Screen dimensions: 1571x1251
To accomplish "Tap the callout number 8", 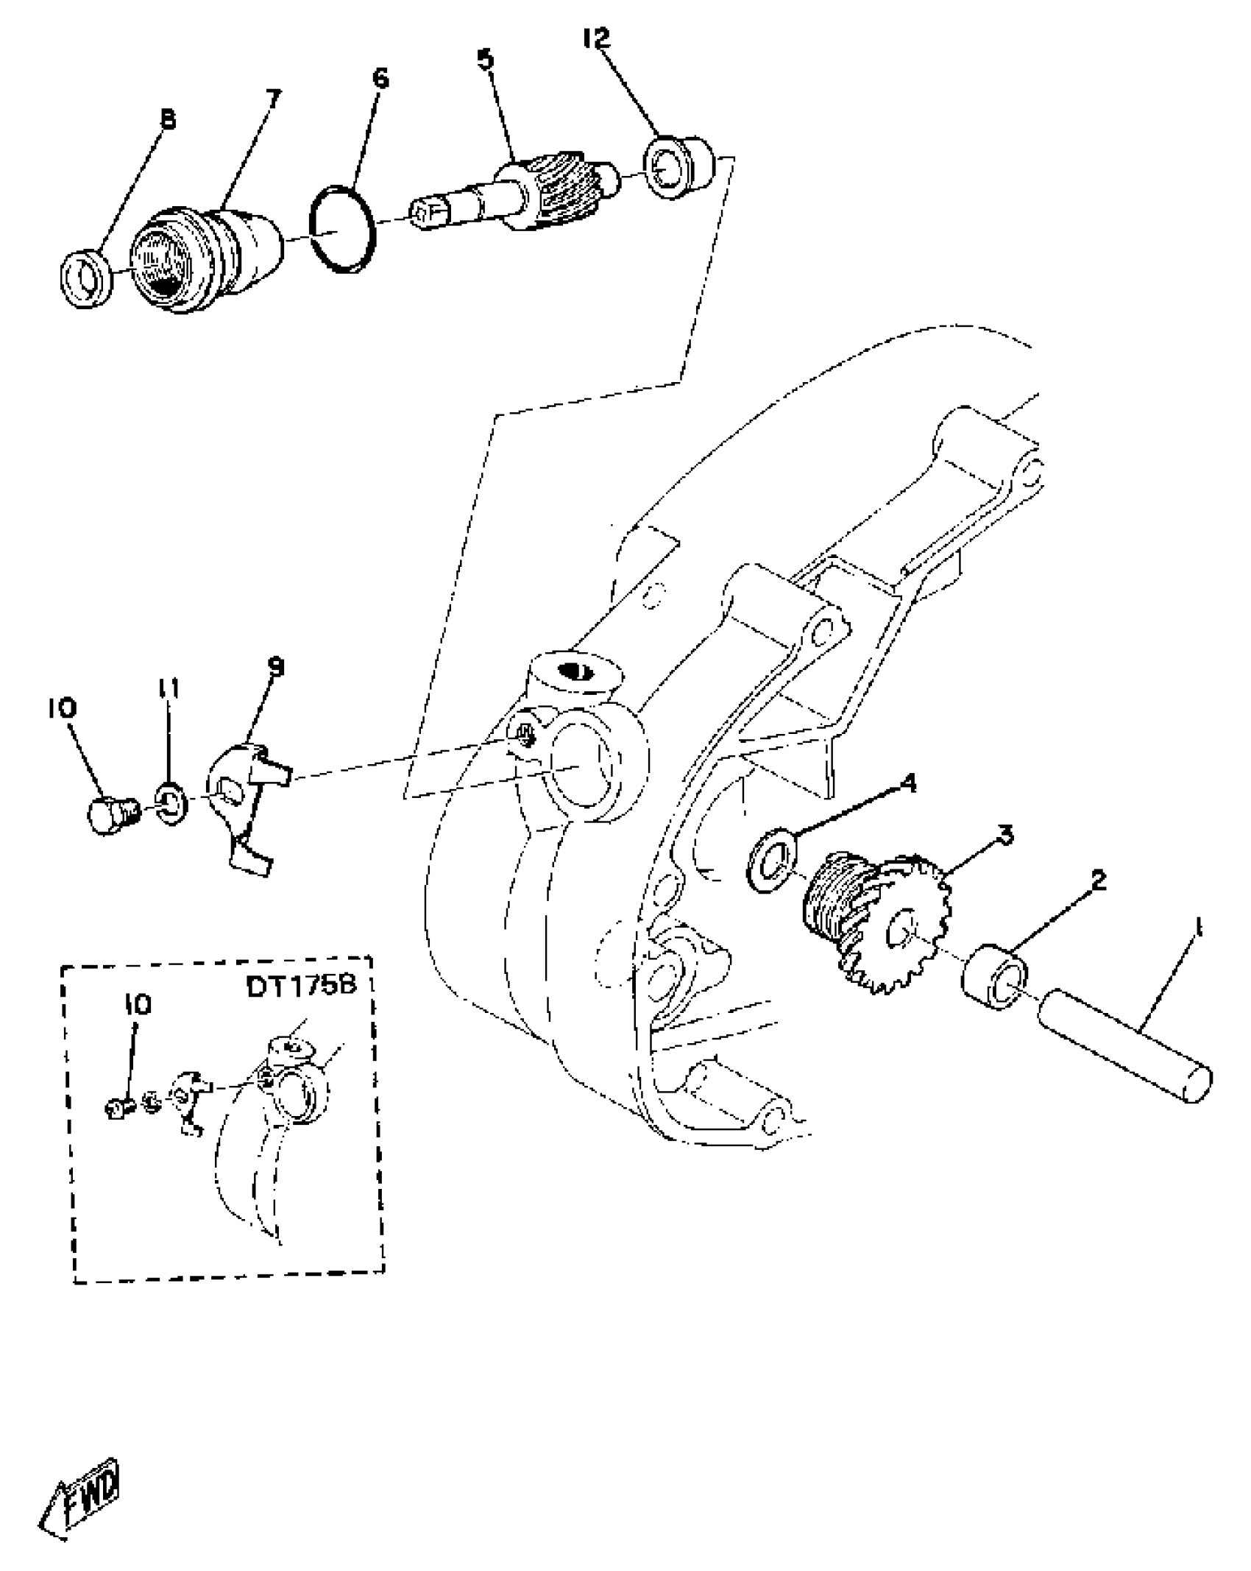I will click(x=169, y=119).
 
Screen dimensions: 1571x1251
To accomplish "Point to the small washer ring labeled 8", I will click(x=85, y=278).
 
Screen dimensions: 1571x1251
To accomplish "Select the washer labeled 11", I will click(x=171, y=804).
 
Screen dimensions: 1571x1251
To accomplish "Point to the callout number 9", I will click(x=276, y=668).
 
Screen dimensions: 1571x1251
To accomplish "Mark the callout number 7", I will click(x=272, y=98).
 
